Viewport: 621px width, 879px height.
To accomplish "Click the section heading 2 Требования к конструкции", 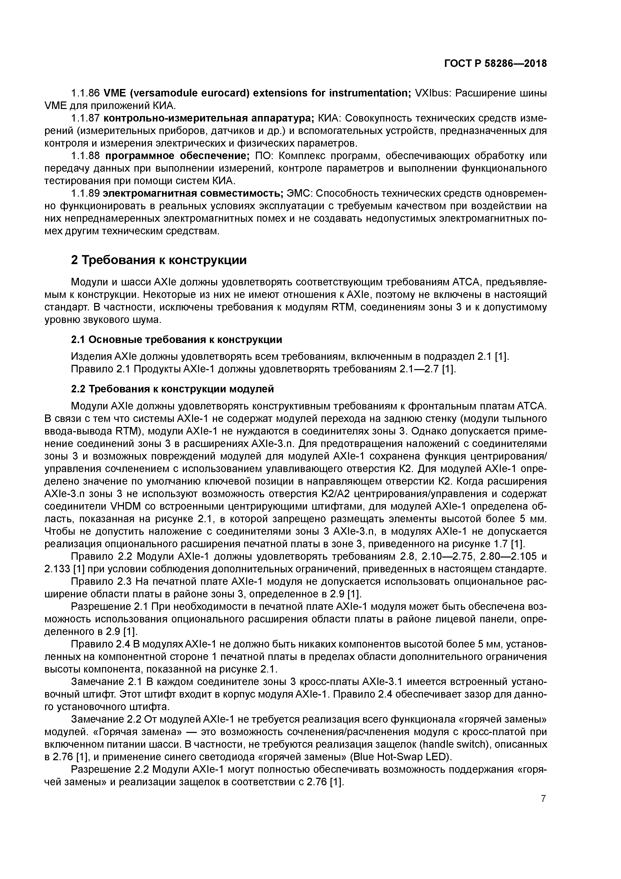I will tap(159, 260).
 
